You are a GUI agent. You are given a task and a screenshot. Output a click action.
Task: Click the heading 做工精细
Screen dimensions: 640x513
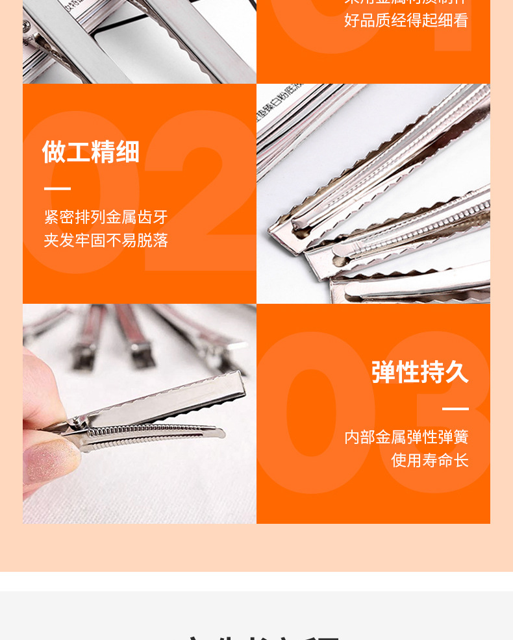91,152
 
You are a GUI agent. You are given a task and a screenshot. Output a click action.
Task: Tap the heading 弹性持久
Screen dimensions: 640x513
420,372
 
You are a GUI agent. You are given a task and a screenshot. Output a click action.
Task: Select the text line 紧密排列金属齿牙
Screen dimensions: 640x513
106,217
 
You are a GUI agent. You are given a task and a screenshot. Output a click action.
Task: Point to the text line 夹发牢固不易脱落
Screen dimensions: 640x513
106,241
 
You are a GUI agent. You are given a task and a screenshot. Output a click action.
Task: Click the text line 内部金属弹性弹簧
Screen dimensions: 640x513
407,437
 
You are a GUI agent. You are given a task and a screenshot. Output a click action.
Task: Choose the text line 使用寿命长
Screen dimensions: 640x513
430,460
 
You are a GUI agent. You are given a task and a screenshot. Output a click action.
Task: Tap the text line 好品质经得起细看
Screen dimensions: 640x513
407,20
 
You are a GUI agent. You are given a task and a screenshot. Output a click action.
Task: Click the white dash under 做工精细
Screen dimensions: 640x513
57,189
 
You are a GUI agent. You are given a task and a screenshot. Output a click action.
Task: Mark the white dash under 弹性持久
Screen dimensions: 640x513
455,409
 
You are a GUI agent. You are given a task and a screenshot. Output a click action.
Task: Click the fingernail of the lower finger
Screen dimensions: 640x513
49,459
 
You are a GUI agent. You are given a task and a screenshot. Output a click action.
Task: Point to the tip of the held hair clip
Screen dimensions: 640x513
242,380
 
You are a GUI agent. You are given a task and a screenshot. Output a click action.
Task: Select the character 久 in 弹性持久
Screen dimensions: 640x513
457,372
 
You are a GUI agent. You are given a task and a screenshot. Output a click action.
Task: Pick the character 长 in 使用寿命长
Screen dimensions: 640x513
461,460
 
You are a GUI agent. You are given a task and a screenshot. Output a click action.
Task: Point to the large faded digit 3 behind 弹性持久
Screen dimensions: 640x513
448,415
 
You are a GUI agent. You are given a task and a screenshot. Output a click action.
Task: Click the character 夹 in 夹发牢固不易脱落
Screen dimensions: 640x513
51,241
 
